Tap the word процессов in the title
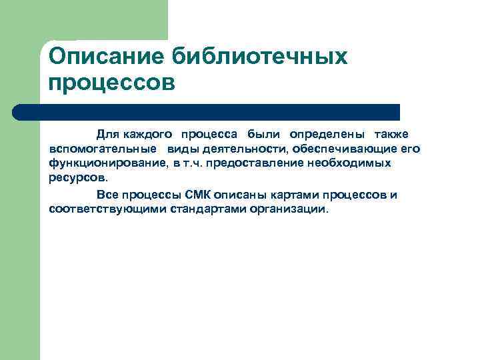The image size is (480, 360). tap(111, 84)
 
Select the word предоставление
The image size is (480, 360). tap(259, 164)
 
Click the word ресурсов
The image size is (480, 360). tap(77, 179)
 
